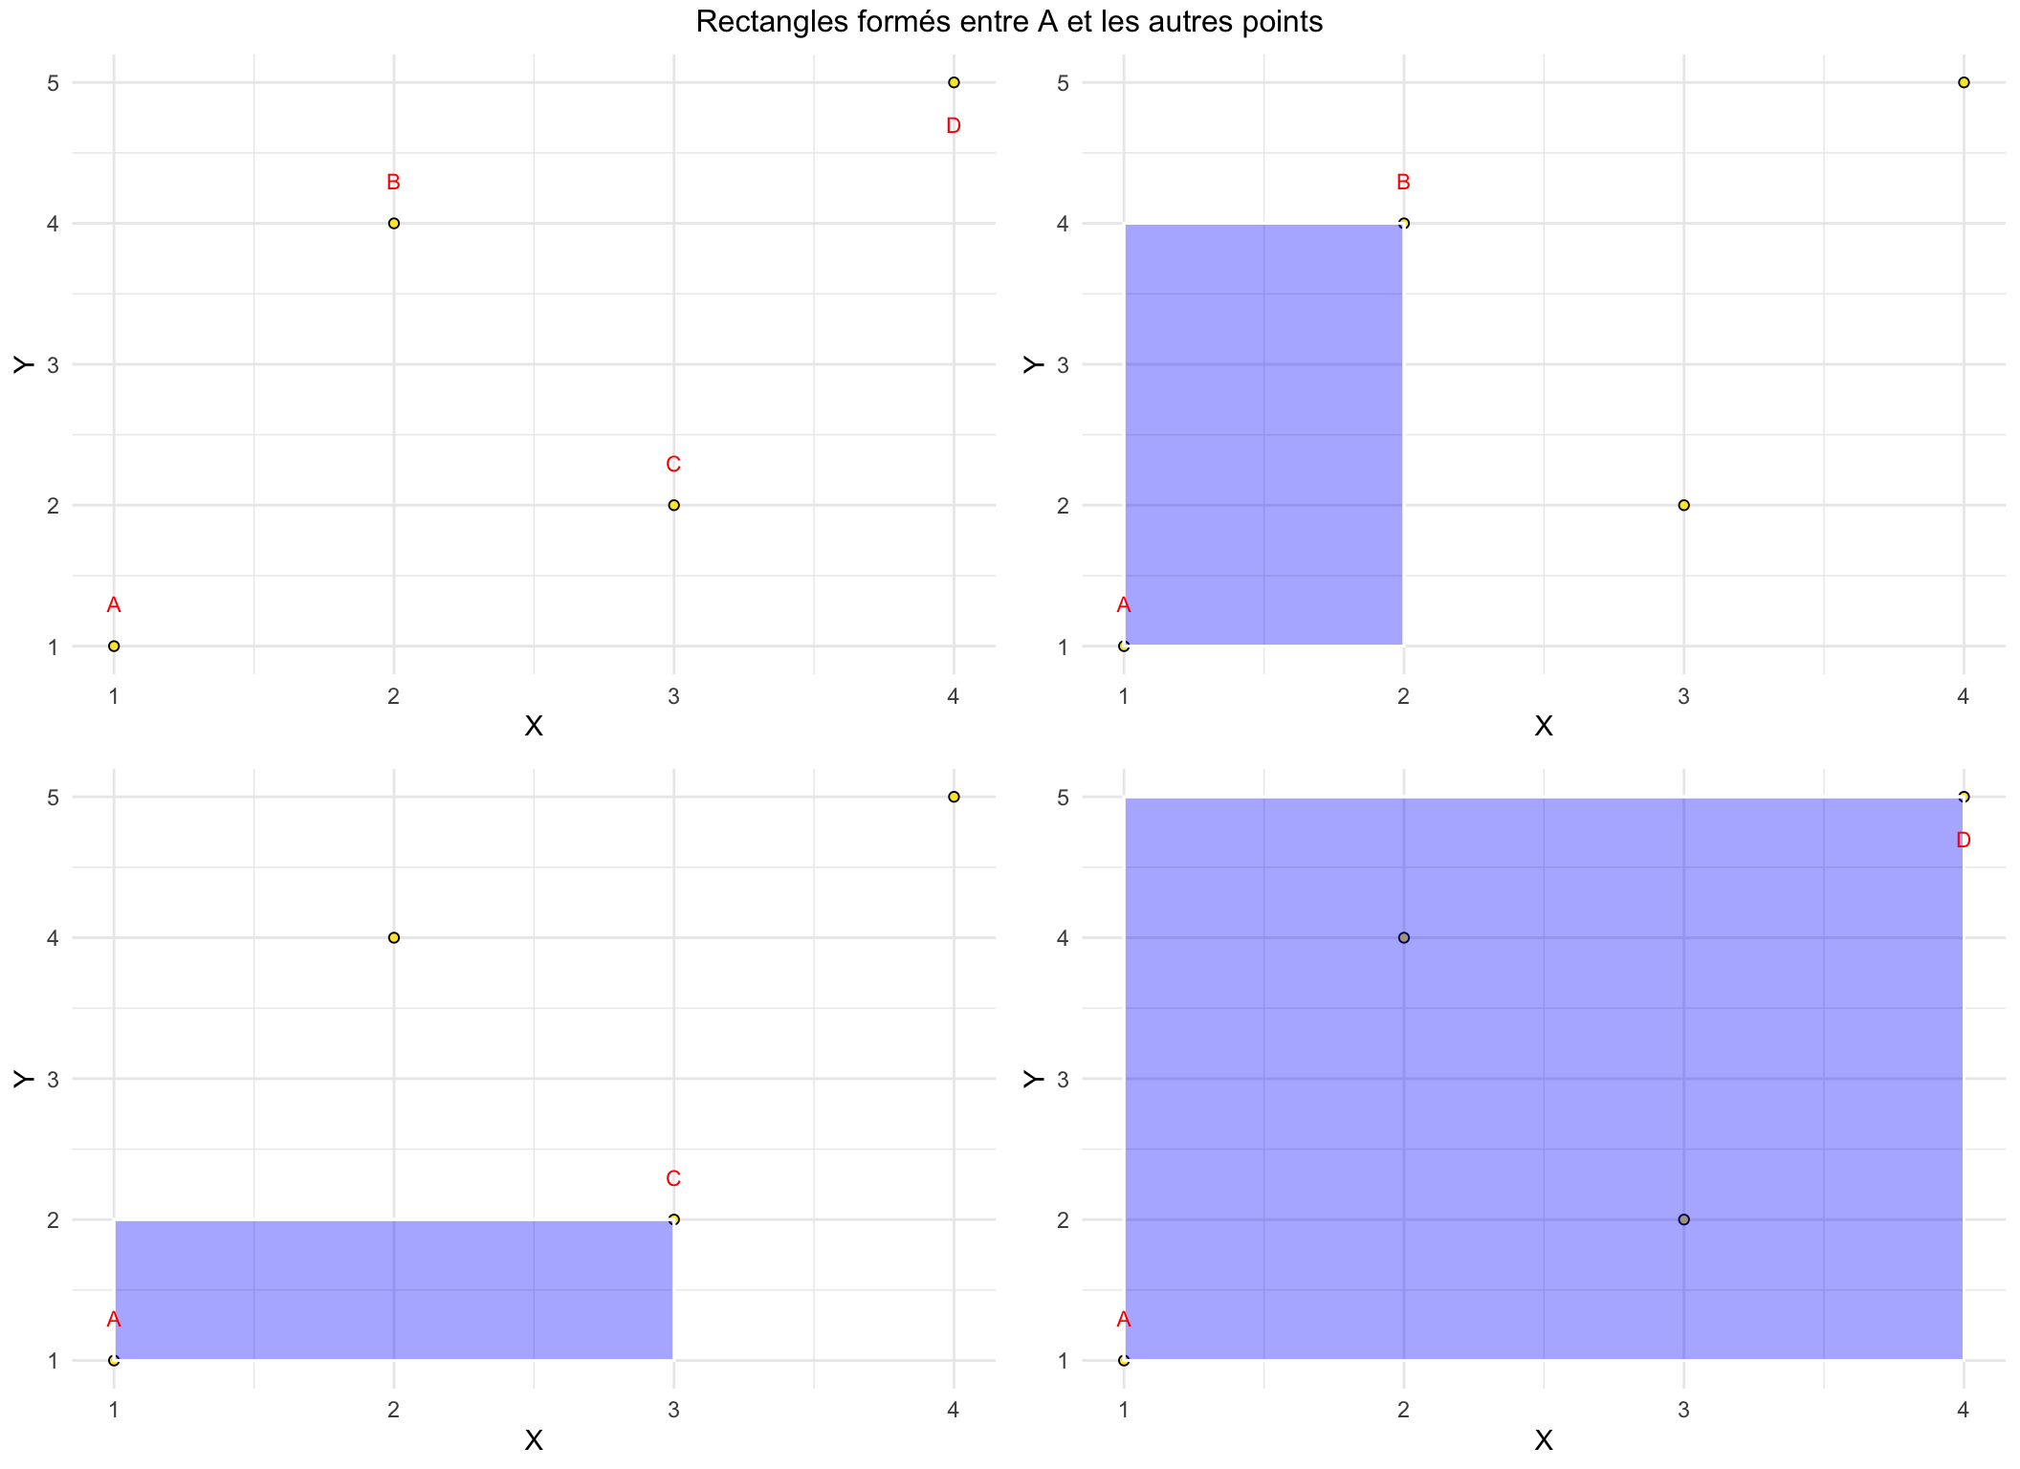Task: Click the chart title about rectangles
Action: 1009,21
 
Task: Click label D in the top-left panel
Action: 953,126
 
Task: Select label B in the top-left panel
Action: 393,183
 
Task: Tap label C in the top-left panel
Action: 673,465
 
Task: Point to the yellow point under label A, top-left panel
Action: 114,646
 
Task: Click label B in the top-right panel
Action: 1403,183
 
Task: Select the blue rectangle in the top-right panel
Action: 1263,435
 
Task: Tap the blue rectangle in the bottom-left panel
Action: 393,1289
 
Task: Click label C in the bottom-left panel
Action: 673,1179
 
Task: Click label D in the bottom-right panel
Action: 1964,841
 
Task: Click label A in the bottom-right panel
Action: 1124,1320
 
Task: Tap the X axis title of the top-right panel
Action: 1543,727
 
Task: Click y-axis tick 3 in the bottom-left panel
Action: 53,1080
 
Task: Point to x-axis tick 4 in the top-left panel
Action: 953,697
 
